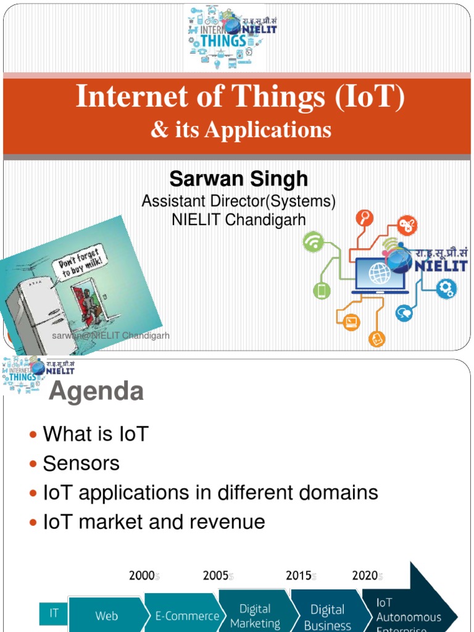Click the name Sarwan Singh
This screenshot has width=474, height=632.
click(238, 179)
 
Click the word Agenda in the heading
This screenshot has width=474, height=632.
click(96, 391)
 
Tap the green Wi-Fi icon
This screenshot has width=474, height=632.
click(314, 242)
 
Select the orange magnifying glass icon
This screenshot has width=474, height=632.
click(365, 218)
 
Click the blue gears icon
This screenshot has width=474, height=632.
click(446, 288)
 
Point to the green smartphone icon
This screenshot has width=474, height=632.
click(322, 290)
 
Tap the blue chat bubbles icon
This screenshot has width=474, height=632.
click(404, 313)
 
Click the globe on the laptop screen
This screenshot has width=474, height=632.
click(380, 273)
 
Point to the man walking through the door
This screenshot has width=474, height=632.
click(89, 304)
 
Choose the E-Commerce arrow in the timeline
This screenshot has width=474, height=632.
click(183, 615)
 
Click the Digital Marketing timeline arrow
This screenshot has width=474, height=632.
click(256, 615)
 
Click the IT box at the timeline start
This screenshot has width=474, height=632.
click(54, 613)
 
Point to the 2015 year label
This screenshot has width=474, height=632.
click(299, 576)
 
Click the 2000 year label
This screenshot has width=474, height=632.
click(142, 576)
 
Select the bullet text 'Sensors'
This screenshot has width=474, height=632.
click(81, 464)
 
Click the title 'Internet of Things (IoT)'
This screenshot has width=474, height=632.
click(240, 98)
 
